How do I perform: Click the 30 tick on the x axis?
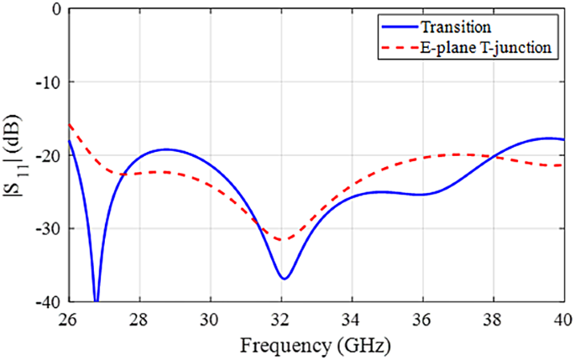[210, 319]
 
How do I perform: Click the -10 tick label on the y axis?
[47, 82]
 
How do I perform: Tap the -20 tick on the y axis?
[47, 155]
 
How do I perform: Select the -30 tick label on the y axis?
[47, 228]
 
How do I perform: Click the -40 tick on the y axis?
[47, 301]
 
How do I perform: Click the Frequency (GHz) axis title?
[316, 345]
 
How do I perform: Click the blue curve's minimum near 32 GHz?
[285, 278]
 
